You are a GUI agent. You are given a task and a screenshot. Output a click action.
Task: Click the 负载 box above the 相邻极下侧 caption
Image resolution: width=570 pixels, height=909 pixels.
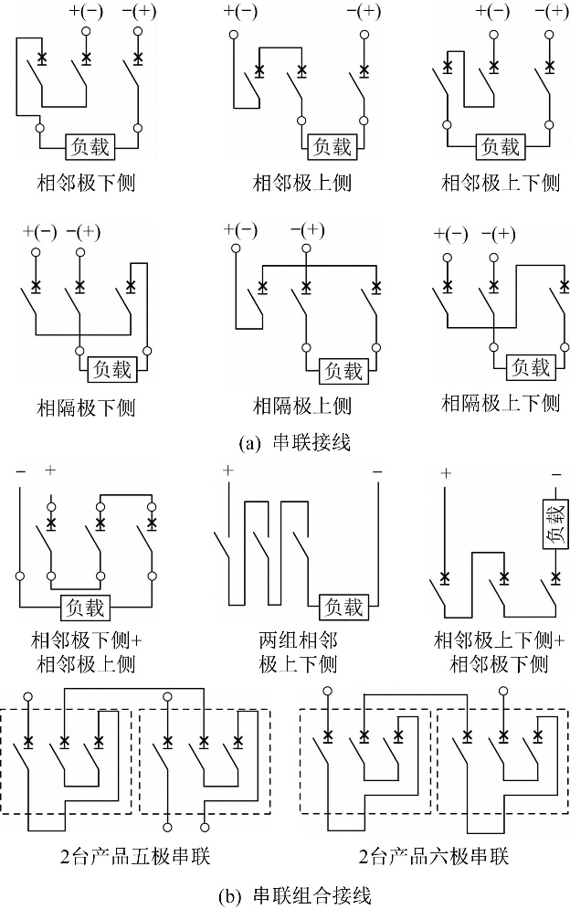click(x=90, y=146)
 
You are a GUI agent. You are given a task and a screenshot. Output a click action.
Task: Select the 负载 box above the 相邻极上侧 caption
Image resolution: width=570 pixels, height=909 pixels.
click(x=332, y=146)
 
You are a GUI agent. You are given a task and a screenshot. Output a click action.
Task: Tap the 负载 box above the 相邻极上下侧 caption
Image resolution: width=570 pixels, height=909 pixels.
click(x=500, y=146)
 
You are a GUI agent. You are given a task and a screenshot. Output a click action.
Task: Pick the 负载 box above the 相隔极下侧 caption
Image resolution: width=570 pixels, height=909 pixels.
click(x=112, y=369)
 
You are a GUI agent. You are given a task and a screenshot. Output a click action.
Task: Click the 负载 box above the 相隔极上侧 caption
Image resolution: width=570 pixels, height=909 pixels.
click(x=343, y=370)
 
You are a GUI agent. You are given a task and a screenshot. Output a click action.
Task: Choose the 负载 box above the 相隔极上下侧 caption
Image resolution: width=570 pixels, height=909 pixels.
click(x=531, y=366)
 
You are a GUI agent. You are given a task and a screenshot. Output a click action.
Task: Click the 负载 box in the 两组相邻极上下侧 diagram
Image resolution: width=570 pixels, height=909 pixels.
click(x=343, y=607)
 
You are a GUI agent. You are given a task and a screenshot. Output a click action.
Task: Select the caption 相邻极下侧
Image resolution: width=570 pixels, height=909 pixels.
click(x=86, y=183)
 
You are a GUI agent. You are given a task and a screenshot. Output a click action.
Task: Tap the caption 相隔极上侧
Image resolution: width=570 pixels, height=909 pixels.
click(x=302, y=406)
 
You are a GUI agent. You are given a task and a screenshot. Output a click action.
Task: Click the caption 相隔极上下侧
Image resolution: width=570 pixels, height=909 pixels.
click(x=501, y=402)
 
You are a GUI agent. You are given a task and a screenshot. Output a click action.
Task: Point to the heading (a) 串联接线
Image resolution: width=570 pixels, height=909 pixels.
click(x=294, y=443)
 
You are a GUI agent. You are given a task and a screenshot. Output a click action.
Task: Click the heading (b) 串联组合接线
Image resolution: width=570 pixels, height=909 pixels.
click(x=294, y=896)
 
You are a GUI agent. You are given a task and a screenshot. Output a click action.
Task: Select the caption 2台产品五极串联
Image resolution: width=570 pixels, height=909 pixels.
click(x=135, y=856)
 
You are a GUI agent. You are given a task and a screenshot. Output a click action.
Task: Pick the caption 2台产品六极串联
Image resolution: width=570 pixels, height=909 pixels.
click(x=434, y=856)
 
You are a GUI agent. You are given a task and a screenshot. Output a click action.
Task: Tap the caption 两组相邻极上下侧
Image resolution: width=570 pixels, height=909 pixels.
click(x=298, y=651)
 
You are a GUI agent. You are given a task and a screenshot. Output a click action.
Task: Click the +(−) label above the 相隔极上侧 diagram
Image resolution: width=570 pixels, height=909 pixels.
click(x=240, y=229)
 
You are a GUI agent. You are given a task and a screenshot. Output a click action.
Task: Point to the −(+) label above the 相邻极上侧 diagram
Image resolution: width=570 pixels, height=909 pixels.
click(x=364, y=11)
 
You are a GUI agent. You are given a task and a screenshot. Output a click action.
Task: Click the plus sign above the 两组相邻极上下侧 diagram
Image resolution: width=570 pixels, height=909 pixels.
click(x=227, y=470)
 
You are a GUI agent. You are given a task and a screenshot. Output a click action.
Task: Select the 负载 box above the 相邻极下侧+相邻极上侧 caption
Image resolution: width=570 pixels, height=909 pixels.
click(x=86, y=607)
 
